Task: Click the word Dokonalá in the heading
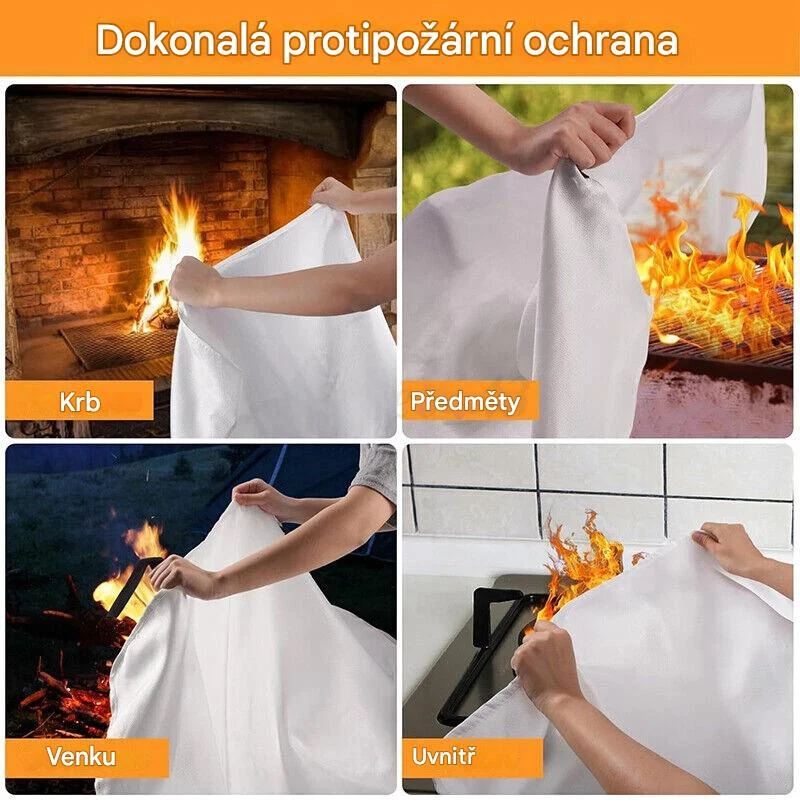(183, 40)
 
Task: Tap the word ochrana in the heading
(601, 40)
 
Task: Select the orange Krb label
(79, 401)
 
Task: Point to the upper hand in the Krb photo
(334, 193)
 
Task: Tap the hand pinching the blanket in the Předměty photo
(590, 138)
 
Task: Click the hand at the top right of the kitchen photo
(728, 546)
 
